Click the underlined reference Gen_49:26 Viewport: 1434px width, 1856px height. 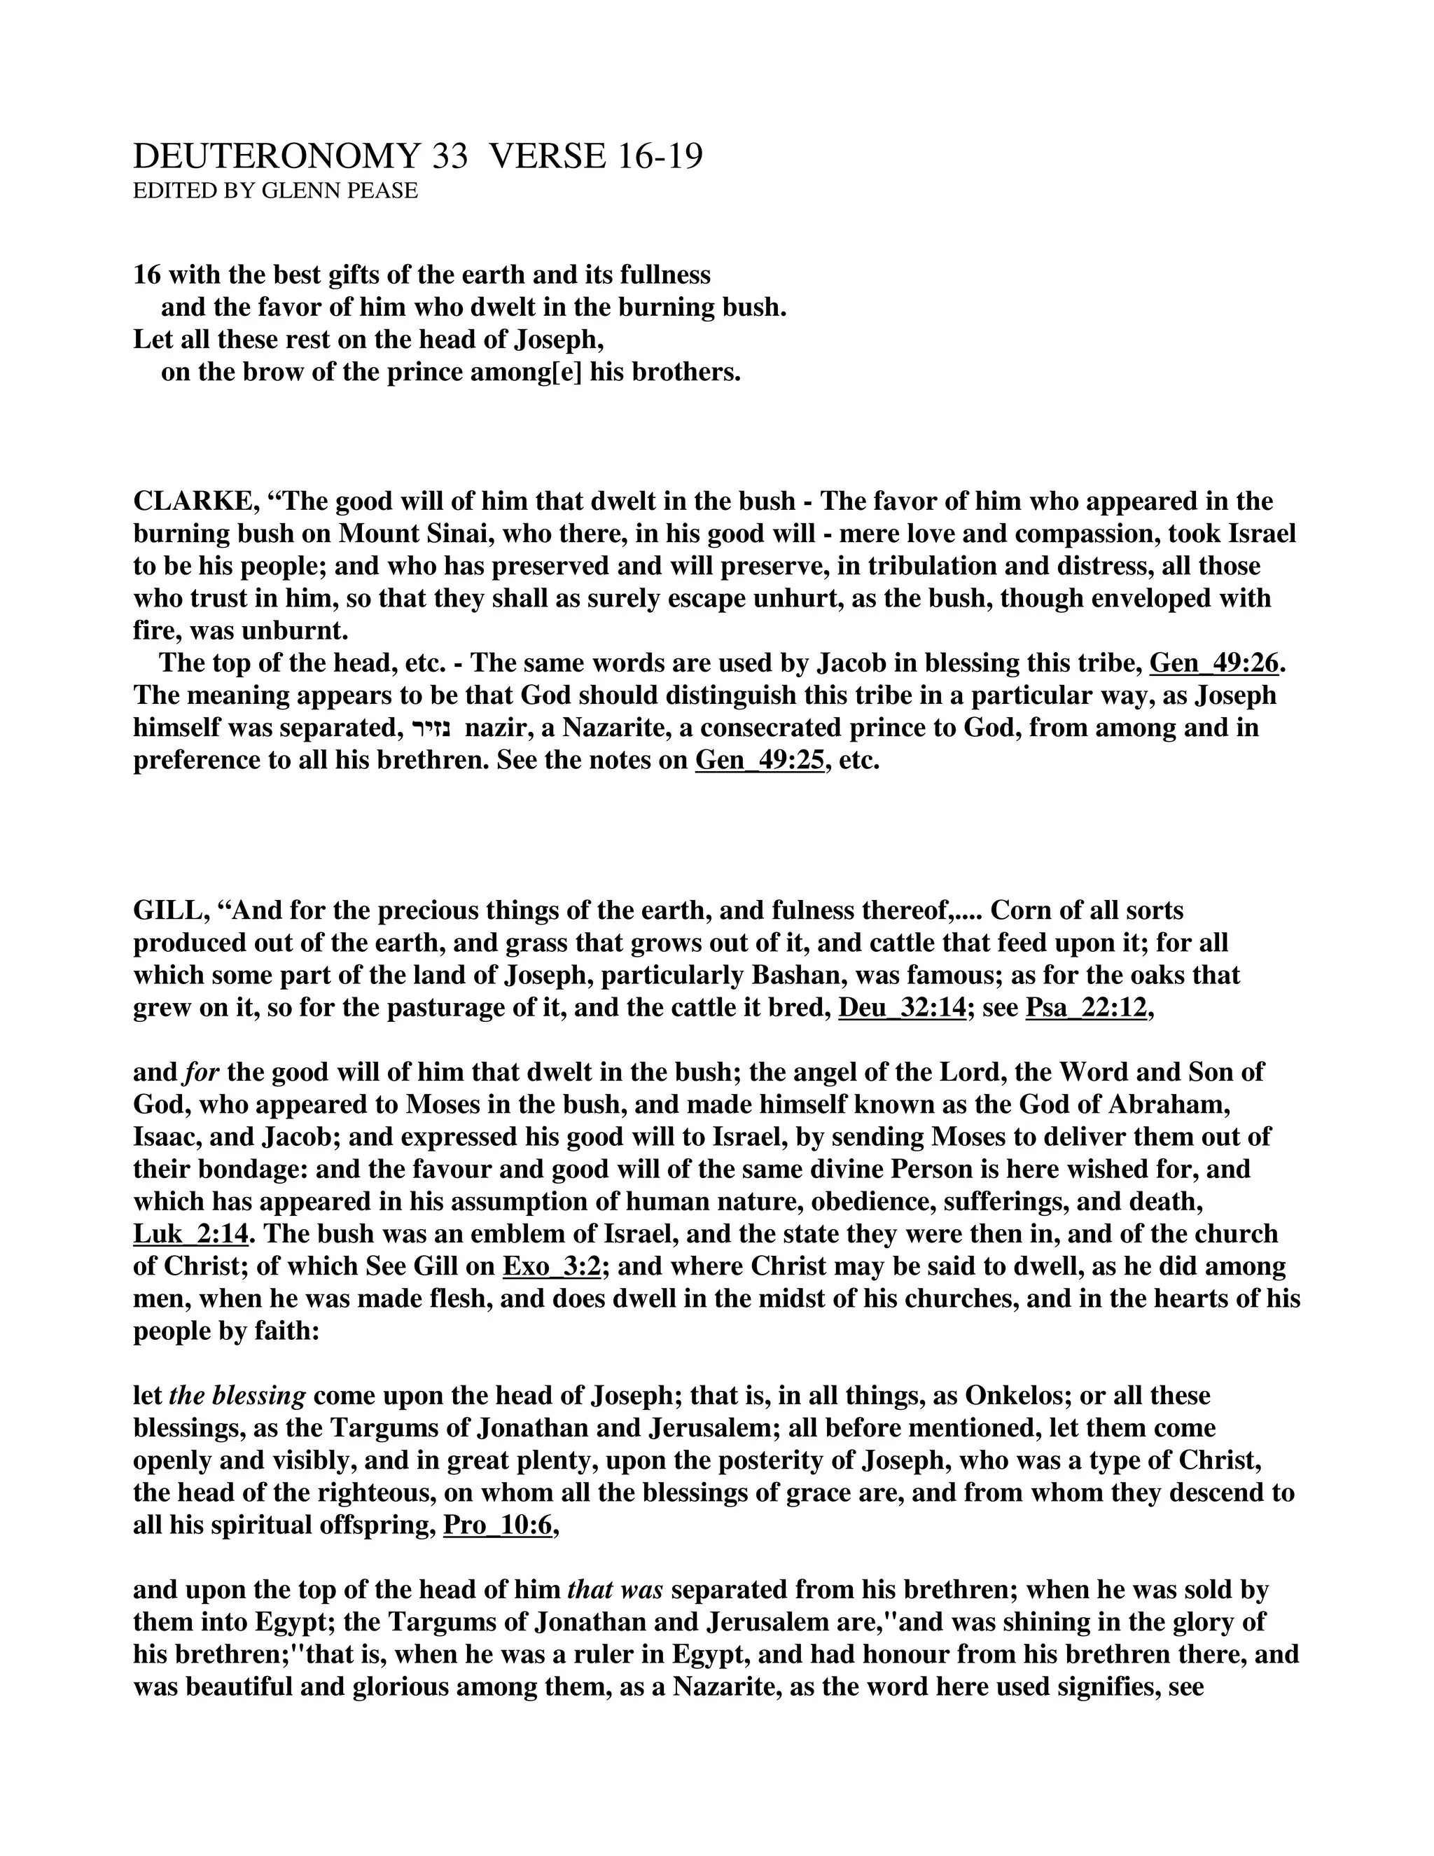(1214, 663)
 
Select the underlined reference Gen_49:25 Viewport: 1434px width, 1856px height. (760, 760)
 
